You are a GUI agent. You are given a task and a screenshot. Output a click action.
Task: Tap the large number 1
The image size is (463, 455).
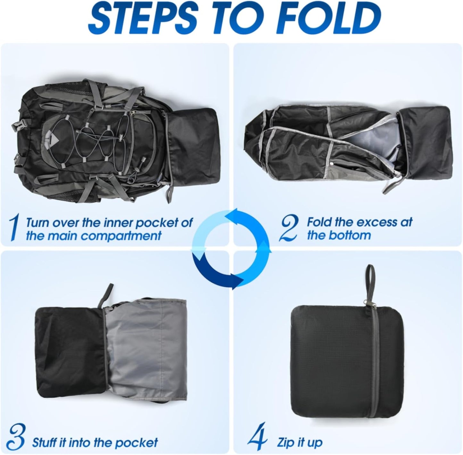coord(13,228)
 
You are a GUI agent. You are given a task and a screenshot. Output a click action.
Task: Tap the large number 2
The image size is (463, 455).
coord(288,228)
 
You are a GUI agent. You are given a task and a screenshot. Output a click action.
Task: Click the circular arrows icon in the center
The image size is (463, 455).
coord(231,249)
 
